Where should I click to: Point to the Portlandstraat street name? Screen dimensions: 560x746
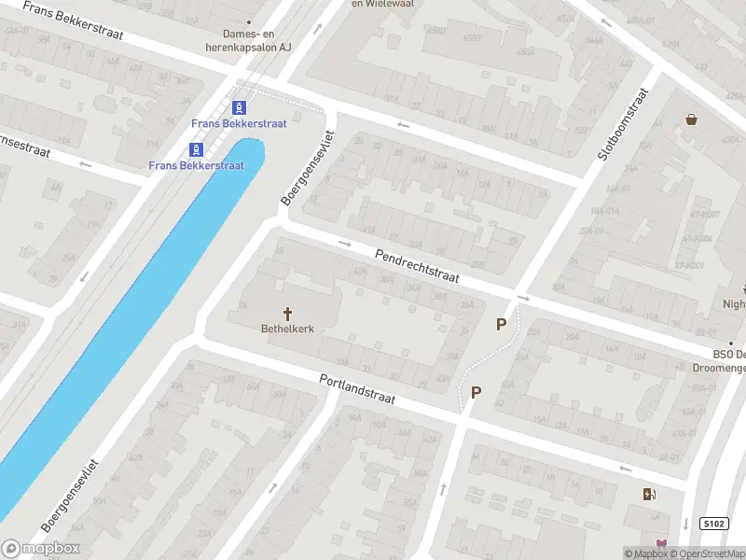[357, 389]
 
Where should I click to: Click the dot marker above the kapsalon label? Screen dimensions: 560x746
[249, 22]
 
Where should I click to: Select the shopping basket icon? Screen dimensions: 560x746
[691, 119]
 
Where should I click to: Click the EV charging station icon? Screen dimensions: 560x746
[649, 494]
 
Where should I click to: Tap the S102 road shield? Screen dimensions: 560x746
[713, 525]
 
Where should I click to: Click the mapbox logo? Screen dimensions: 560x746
[41, 549]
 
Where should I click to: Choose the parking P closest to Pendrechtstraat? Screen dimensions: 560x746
[502, 324]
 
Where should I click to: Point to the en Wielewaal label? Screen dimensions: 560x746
[382, 4]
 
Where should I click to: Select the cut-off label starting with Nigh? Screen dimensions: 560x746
[734, 303]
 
